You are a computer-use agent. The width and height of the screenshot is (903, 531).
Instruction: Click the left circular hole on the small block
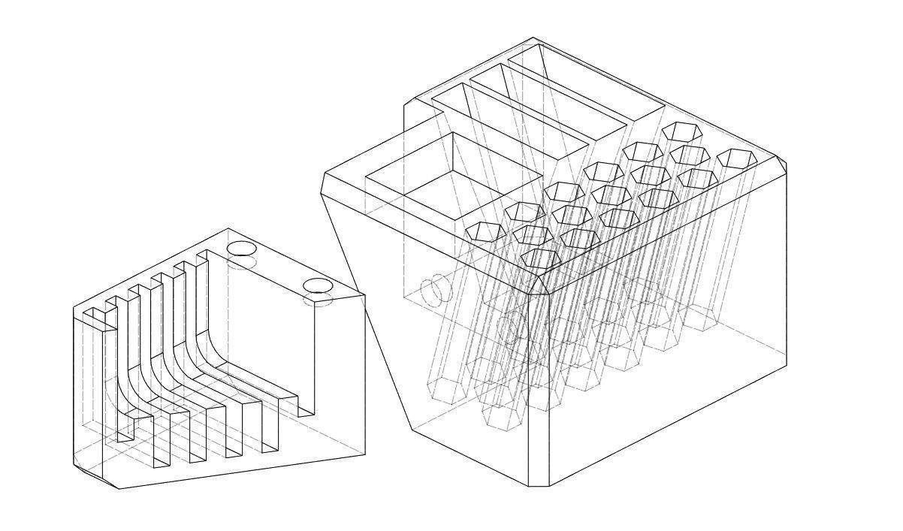tap(241, 249)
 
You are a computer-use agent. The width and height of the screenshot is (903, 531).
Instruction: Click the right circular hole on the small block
tap(317, 285)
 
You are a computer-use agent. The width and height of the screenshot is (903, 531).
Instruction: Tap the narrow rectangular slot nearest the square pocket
tap(518, 120)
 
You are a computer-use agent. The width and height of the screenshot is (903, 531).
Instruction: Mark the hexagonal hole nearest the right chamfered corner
tap(735, 158)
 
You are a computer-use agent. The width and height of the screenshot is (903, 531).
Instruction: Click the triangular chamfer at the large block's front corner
tap(541, 284)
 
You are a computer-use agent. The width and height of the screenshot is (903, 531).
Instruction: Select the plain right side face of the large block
tap(669, 338)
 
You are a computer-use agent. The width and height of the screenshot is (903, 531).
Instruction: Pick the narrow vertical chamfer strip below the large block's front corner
tap(539, 391)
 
